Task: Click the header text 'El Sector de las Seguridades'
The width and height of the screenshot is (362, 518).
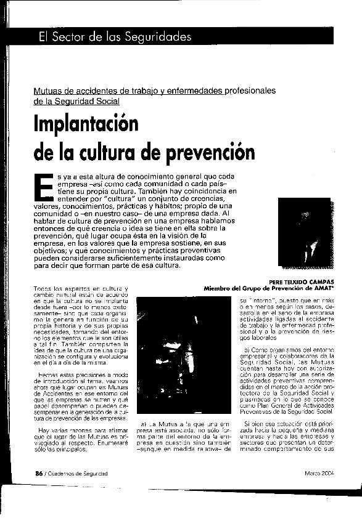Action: click(x=114, y=36)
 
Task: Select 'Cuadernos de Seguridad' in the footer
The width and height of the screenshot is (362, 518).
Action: click(x=78, y=473)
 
